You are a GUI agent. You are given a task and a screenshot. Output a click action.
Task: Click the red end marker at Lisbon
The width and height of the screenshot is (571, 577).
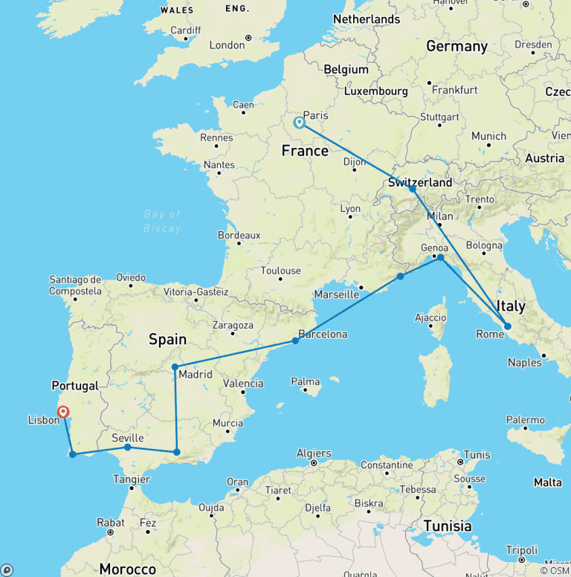point(63,411)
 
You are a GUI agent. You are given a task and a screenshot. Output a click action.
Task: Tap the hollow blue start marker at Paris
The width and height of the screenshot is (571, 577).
point(299,123)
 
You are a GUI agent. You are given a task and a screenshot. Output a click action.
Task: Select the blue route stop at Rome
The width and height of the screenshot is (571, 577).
point(507,326)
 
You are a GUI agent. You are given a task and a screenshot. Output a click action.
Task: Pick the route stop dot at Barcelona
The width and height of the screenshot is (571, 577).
point(295,341)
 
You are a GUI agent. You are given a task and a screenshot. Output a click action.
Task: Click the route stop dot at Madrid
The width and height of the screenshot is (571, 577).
point(175,367)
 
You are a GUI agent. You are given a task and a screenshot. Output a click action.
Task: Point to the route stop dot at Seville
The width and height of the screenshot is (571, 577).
point(128,447)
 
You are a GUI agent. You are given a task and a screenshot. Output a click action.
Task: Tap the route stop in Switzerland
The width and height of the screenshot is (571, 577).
point(413,189)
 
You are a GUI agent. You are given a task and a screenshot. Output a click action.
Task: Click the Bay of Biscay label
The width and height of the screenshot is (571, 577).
point(163,222)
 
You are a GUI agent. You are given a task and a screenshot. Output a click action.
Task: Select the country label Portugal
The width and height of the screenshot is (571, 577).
point(74,386)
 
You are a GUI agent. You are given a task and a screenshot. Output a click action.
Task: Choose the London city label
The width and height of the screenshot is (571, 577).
point(227,45)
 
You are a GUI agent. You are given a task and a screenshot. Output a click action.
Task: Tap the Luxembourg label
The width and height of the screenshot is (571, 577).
point(375,91)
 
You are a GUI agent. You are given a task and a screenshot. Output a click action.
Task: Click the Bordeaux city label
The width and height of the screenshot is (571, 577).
point(239,235)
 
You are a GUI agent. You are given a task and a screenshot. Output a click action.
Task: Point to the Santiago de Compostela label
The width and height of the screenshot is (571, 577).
point(75,285)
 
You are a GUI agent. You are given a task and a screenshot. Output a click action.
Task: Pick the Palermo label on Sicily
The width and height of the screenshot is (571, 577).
point(526,420)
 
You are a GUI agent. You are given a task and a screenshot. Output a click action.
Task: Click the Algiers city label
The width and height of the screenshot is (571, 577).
point(313,453)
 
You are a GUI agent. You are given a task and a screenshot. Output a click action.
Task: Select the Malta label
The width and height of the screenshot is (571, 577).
point(548,483)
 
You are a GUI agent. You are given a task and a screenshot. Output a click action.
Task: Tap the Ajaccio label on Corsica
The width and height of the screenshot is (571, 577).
point(430,318)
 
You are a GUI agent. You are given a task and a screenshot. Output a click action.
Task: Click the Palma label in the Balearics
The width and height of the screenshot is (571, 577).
point(306,382)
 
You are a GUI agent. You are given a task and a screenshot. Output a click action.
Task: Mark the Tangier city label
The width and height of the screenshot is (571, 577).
point(131,479)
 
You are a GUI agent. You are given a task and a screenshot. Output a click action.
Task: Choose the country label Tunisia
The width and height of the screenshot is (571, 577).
point(447,526)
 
